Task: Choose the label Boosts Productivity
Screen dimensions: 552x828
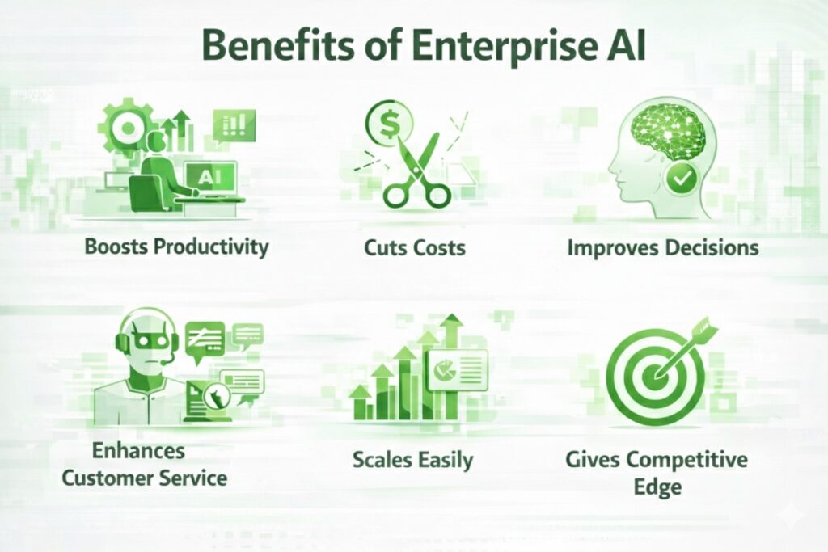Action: click(176, 247)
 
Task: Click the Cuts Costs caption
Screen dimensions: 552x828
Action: click(414, 247)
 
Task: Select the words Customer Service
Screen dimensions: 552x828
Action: click(145, 477)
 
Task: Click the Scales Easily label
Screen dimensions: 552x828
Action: click(412, 460)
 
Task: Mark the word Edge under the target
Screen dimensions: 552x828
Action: click(658, 487)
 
